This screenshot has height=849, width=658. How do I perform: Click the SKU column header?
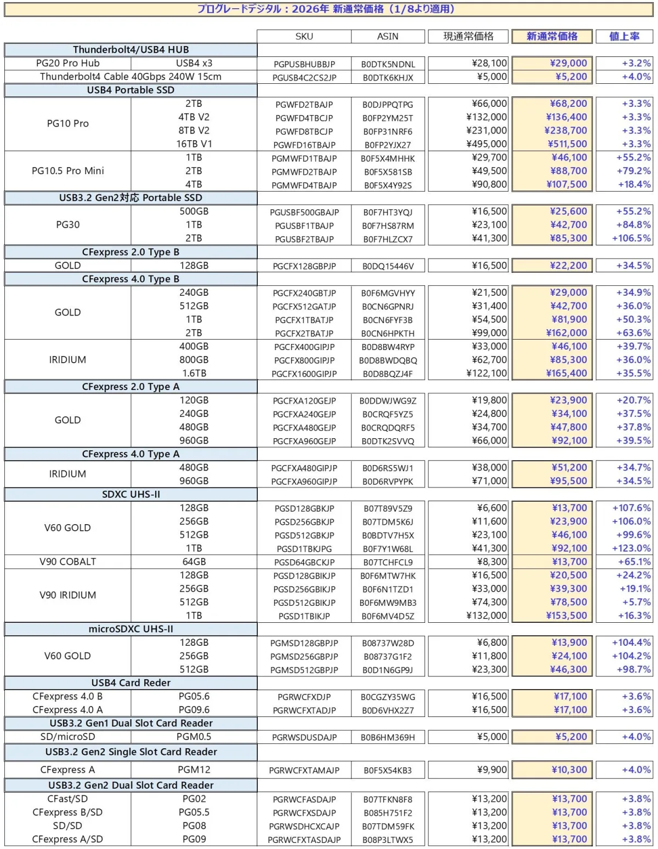point(304,36)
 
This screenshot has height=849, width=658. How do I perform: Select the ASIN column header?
point(388,36)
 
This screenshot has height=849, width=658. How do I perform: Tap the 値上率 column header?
point(624,36)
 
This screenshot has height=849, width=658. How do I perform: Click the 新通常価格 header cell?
point(552,36)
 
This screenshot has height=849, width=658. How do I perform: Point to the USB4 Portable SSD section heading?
point(131,90)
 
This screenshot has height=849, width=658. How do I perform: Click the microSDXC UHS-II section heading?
point(131,629)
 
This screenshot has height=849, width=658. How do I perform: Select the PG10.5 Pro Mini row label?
point(68,171)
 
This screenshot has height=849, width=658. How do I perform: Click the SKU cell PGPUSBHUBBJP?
point(304,64)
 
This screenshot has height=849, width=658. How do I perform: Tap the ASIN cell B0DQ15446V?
point(388,266)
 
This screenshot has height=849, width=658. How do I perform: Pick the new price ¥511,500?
point(567,144)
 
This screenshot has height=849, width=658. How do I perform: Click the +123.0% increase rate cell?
point(631,548)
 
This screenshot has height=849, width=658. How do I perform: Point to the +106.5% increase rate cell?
point(631,238)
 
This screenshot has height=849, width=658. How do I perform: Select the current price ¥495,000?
point(486,144)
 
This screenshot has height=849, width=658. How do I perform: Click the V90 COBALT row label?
point(68,561)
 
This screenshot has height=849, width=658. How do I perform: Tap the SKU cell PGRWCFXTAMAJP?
point(304,770)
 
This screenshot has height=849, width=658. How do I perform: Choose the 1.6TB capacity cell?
point(194,373)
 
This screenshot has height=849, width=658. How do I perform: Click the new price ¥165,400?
point(567,373)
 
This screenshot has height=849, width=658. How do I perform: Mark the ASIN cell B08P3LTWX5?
point(388,840)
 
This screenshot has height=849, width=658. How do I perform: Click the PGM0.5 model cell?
point(194,737)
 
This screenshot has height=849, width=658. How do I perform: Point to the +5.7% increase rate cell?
point(636,602)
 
